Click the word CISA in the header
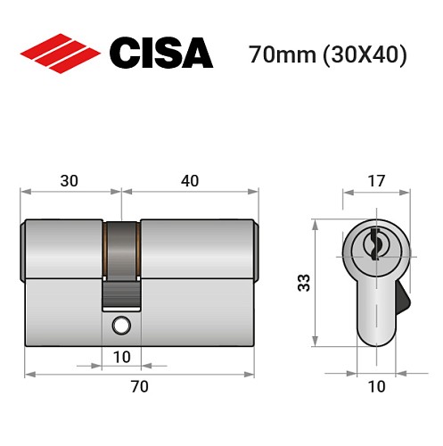coord(160,54)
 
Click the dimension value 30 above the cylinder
coord(69,180)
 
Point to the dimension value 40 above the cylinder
coord(189,180)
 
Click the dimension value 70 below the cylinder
coord(139,386)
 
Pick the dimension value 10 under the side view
coord(121,357)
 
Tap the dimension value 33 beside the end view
coord(303,284)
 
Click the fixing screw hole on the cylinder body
coord(119,327)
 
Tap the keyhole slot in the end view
coord(375,241)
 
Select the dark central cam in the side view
coord(121,259)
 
